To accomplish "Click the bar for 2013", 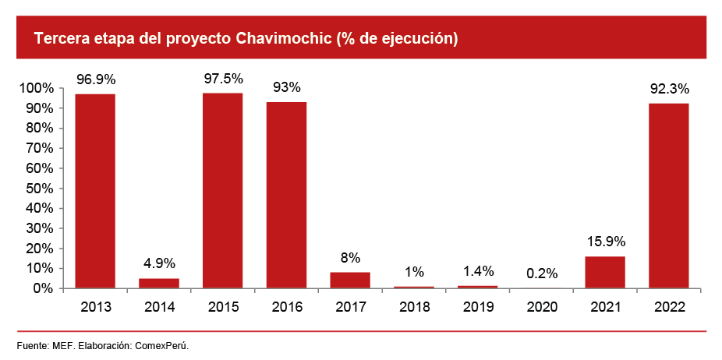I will [x=95, y=191].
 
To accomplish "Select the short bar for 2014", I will [x=159, y=283].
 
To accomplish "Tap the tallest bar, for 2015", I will [x=223, y=190].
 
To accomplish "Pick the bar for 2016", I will [x=286, y=195].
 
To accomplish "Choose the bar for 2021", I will [x=605, y=272].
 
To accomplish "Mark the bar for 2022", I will [x=669, y=196].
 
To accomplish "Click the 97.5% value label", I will [x=223, y=79].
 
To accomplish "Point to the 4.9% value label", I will [x=159, y=263].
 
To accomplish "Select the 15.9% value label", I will [x=606, y=242].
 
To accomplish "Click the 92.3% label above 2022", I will [x=670, y=88].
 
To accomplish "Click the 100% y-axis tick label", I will [x=35, y=88].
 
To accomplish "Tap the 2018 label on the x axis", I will [x=414, y=307].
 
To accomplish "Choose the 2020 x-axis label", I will [x=542, y=307].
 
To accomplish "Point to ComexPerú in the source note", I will [x=162, y=344].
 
